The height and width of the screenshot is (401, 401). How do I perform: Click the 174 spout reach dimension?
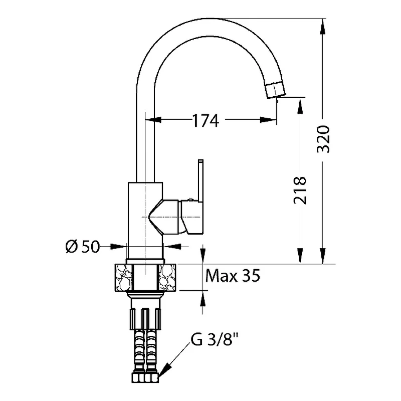tap(206, 121)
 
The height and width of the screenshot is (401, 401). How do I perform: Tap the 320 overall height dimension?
tap(323, 139)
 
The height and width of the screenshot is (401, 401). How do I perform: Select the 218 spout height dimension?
tap(300, 190)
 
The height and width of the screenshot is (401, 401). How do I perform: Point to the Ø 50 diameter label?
tap(82, 247)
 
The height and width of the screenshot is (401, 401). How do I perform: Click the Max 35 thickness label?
tap(233, 276)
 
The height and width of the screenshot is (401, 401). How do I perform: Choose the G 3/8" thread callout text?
tap(215, 340)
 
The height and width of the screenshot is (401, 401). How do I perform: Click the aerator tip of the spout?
tap(275, 90)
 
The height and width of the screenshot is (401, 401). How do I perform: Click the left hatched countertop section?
tap(124, 277)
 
